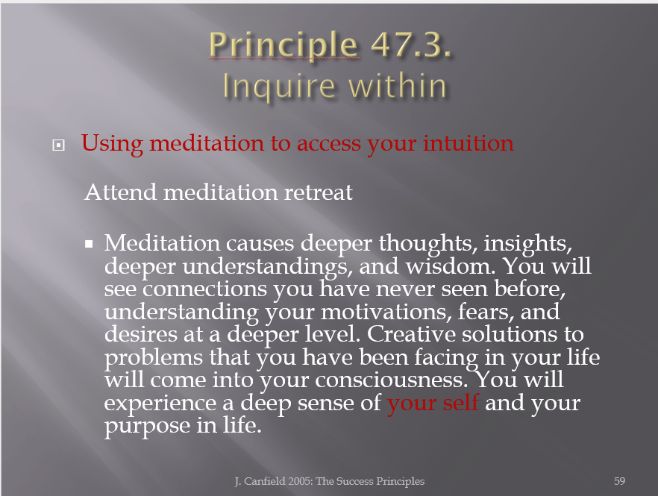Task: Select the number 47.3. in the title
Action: (x=411, y=44)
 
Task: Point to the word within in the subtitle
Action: (x=398, y=86)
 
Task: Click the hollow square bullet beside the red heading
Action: (x=58, y=145)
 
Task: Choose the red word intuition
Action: (x=468, y=142)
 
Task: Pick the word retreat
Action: (x=319, y=192)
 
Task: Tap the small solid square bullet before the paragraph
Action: (x=89, y=244)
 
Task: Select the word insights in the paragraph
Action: (x=527, y=243)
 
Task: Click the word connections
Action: (x=204, y=289)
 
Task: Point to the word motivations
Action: (x=386, y=312)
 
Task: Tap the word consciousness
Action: (x=391, y=380)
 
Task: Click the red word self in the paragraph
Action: (x=461, y=403)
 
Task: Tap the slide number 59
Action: (x=619, y=481)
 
